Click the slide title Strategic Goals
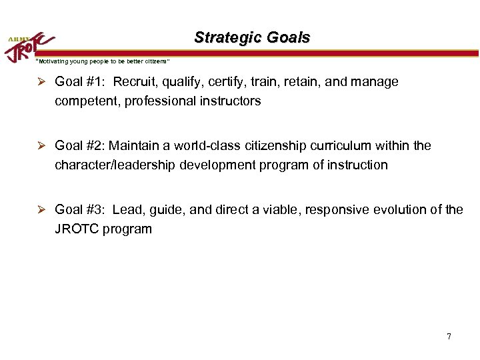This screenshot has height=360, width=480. coord(252,38)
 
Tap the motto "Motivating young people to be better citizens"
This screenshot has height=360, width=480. coord(102,61)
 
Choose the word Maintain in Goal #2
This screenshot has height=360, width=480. coord(137,146)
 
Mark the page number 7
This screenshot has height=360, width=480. coord(448,336)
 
